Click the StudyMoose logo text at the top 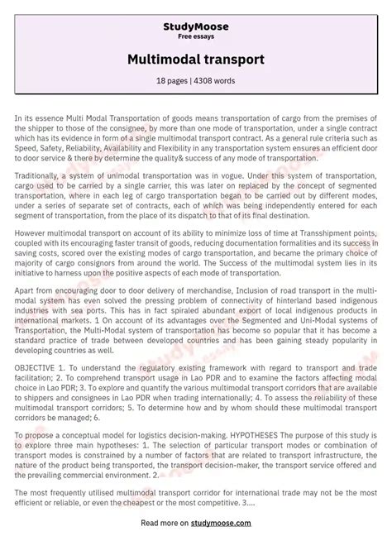195,27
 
